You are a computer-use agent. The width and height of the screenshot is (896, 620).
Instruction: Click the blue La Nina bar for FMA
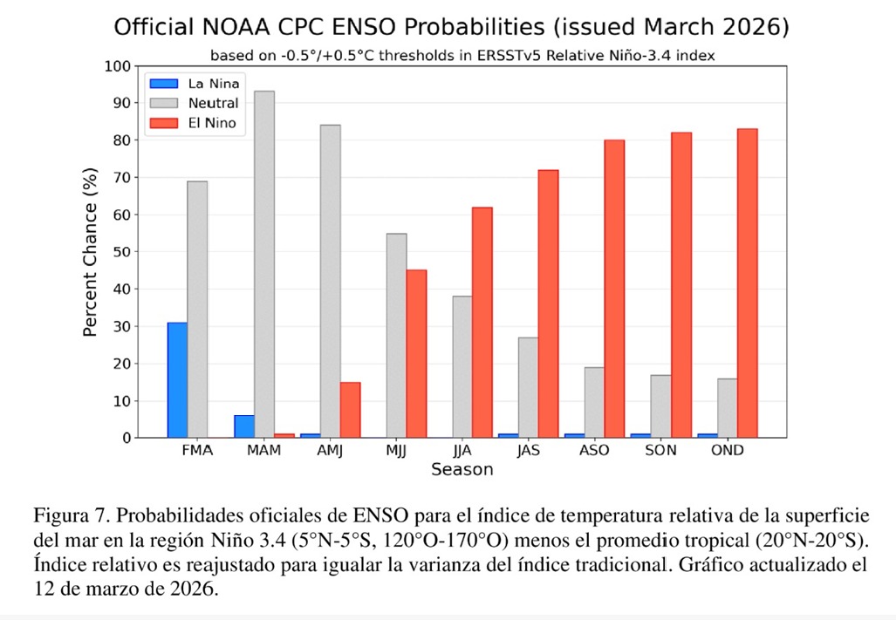tap(177, 380)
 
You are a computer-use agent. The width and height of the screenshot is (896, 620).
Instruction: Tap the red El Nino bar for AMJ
tap(350, 410)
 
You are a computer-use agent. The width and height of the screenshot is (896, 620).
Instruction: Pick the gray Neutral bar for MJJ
tap(396, 336)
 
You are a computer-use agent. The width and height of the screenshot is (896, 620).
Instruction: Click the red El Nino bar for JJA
tap(482, 323)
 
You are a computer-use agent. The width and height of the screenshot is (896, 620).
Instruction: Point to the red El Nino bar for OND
tap(747, 283)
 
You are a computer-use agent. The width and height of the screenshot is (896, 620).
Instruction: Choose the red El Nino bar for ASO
tap(614, 289)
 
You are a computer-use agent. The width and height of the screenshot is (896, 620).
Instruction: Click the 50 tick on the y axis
tap(120, 252)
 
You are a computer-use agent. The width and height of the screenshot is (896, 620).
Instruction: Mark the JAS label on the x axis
tap(528, 451)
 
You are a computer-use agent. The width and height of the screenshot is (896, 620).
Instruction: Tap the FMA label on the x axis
tap(197, 451)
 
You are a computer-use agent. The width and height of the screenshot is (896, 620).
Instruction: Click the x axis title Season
tap(462, 470)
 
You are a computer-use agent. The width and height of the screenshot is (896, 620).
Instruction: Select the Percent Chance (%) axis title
tap(90, 251)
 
